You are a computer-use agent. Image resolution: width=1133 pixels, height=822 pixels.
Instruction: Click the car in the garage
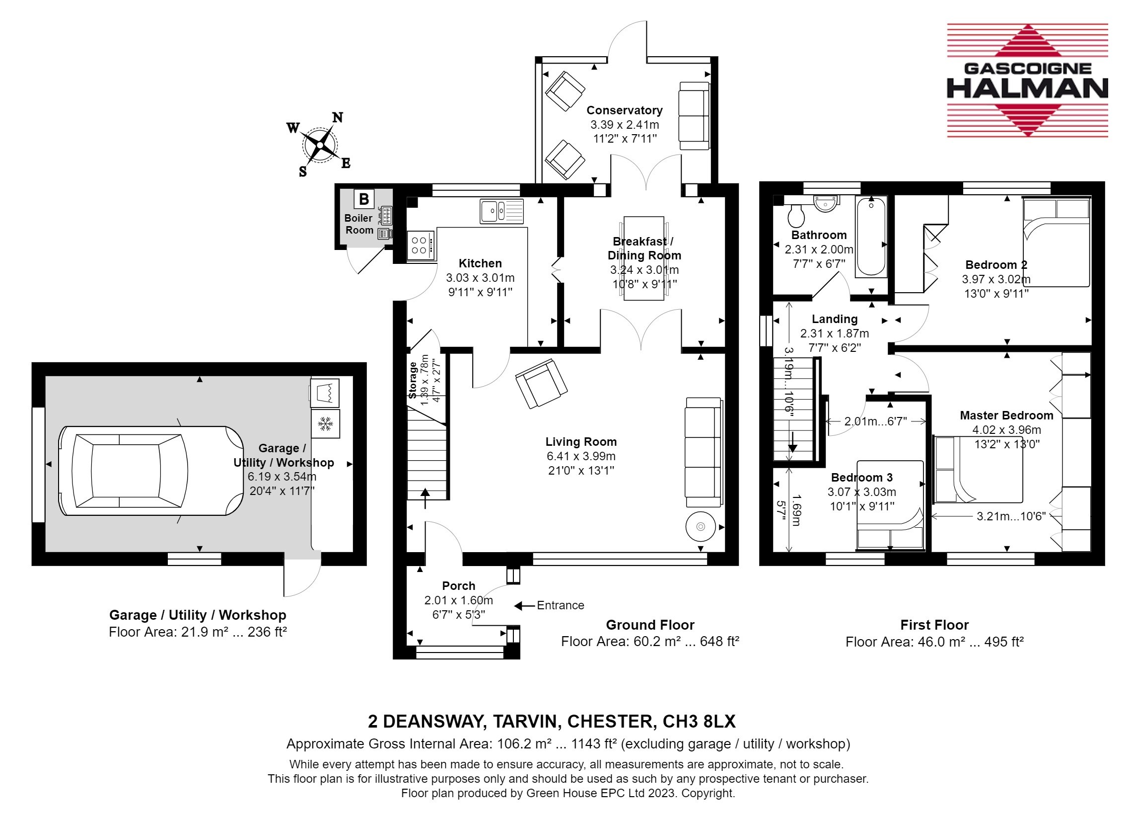pyautogui.click(x=151, y=471)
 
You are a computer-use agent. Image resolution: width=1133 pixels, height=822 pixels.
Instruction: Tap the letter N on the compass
pyautogui.click(x=338, y=117)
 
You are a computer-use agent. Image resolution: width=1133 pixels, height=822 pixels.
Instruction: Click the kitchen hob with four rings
pyautogui.click(x=420, y=245)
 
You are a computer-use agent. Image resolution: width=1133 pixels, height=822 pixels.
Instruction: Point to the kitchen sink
pyautogui.click(x=502, y=211)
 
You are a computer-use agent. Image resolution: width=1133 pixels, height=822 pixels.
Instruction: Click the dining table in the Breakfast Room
pyautogui.click(x=644, y=258)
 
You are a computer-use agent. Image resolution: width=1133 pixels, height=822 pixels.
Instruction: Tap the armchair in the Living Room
pyautogui.click(x=541, y=383)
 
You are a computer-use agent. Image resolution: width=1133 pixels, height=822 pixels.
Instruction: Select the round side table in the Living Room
pyautogui.click(x=701, y=526)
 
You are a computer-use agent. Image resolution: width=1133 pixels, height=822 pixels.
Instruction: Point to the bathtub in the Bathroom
pyautogui.click(x=871, y=237)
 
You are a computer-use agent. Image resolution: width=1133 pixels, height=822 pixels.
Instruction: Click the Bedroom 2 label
pyautogui.click(x=996, y=265)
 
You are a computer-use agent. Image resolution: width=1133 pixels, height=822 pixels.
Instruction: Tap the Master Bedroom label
pyautogui.click(x=1006, y=415)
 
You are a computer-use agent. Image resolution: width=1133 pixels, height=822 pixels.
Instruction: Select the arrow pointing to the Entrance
pyautogui.click(x=524, y=606)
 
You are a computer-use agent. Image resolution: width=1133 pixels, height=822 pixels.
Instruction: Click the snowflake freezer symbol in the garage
pyautogui.click(x=325, y=424)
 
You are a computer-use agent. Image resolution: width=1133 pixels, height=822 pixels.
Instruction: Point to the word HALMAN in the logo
pyautogui.click(x=1028, y=88)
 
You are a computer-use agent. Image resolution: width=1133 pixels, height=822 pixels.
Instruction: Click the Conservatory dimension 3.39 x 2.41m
pyautogui.click(x=625, y=125)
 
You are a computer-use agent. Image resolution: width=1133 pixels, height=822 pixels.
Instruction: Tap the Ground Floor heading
pyautogui.click(x=650, y=625)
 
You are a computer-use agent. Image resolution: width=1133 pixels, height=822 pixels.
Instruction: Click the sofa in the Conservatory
pyautogui.click(x=695, y=116)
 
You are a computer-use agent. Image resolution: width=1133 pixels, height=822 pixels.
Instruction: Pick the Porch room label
pyautogui.click(x=459, y=586)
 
